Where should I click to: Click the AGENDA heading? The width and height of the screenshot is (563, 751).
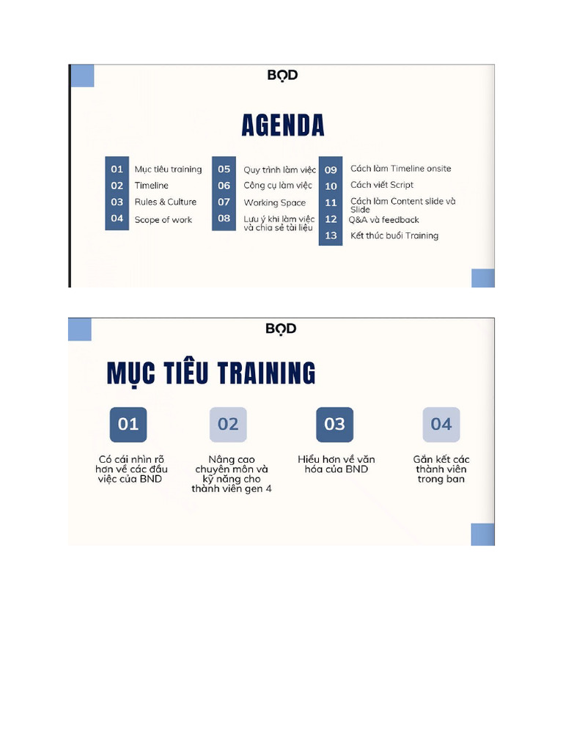282,125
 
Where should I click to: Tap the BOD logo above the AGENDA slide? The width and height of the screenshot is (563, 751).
282,75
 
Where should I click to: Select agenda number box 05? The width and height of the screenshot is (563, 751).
224,169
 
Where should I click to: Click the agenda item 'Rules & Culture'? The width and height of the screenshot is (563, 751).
165,202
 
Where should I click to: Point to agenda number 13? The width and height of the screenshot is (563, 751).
331,235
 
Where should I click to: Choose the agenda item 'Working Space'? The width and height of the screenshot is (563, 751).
274,202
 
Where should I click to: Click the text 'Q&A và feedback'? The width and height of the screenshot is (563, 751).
383,219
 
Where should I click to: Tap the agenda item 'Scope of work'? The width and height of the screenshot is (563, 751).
163,219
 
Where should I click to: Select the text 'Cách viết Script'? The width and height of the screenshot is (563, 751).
381,185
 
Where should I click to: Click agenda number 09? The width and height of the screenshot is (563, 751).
331,169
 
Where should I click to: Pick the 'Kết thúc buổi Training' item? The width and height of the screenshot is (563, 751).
394,235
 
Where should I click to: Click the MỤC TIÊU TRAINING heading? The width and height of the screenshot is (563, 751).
211,373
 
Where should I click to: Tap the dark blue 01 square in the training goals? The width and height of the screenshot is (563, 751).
128,424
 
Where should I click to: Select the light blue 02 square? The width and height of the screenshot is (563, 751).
228,424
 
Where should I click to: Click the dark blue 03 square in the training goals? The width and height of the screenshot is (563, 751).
334,424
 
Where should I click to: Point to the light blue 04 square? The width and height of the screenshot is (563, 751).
441,424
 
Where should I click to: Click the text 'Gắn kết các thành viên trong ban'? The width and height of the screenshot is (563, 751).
441,469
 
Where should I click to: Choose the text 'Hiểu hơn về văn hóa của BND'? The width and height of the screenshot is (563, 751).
336,464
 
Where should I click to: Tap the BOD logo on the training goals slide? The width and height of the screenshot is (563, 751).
281,329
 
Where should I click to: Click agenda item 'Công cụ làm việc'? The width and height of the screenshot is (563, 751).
277,186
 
